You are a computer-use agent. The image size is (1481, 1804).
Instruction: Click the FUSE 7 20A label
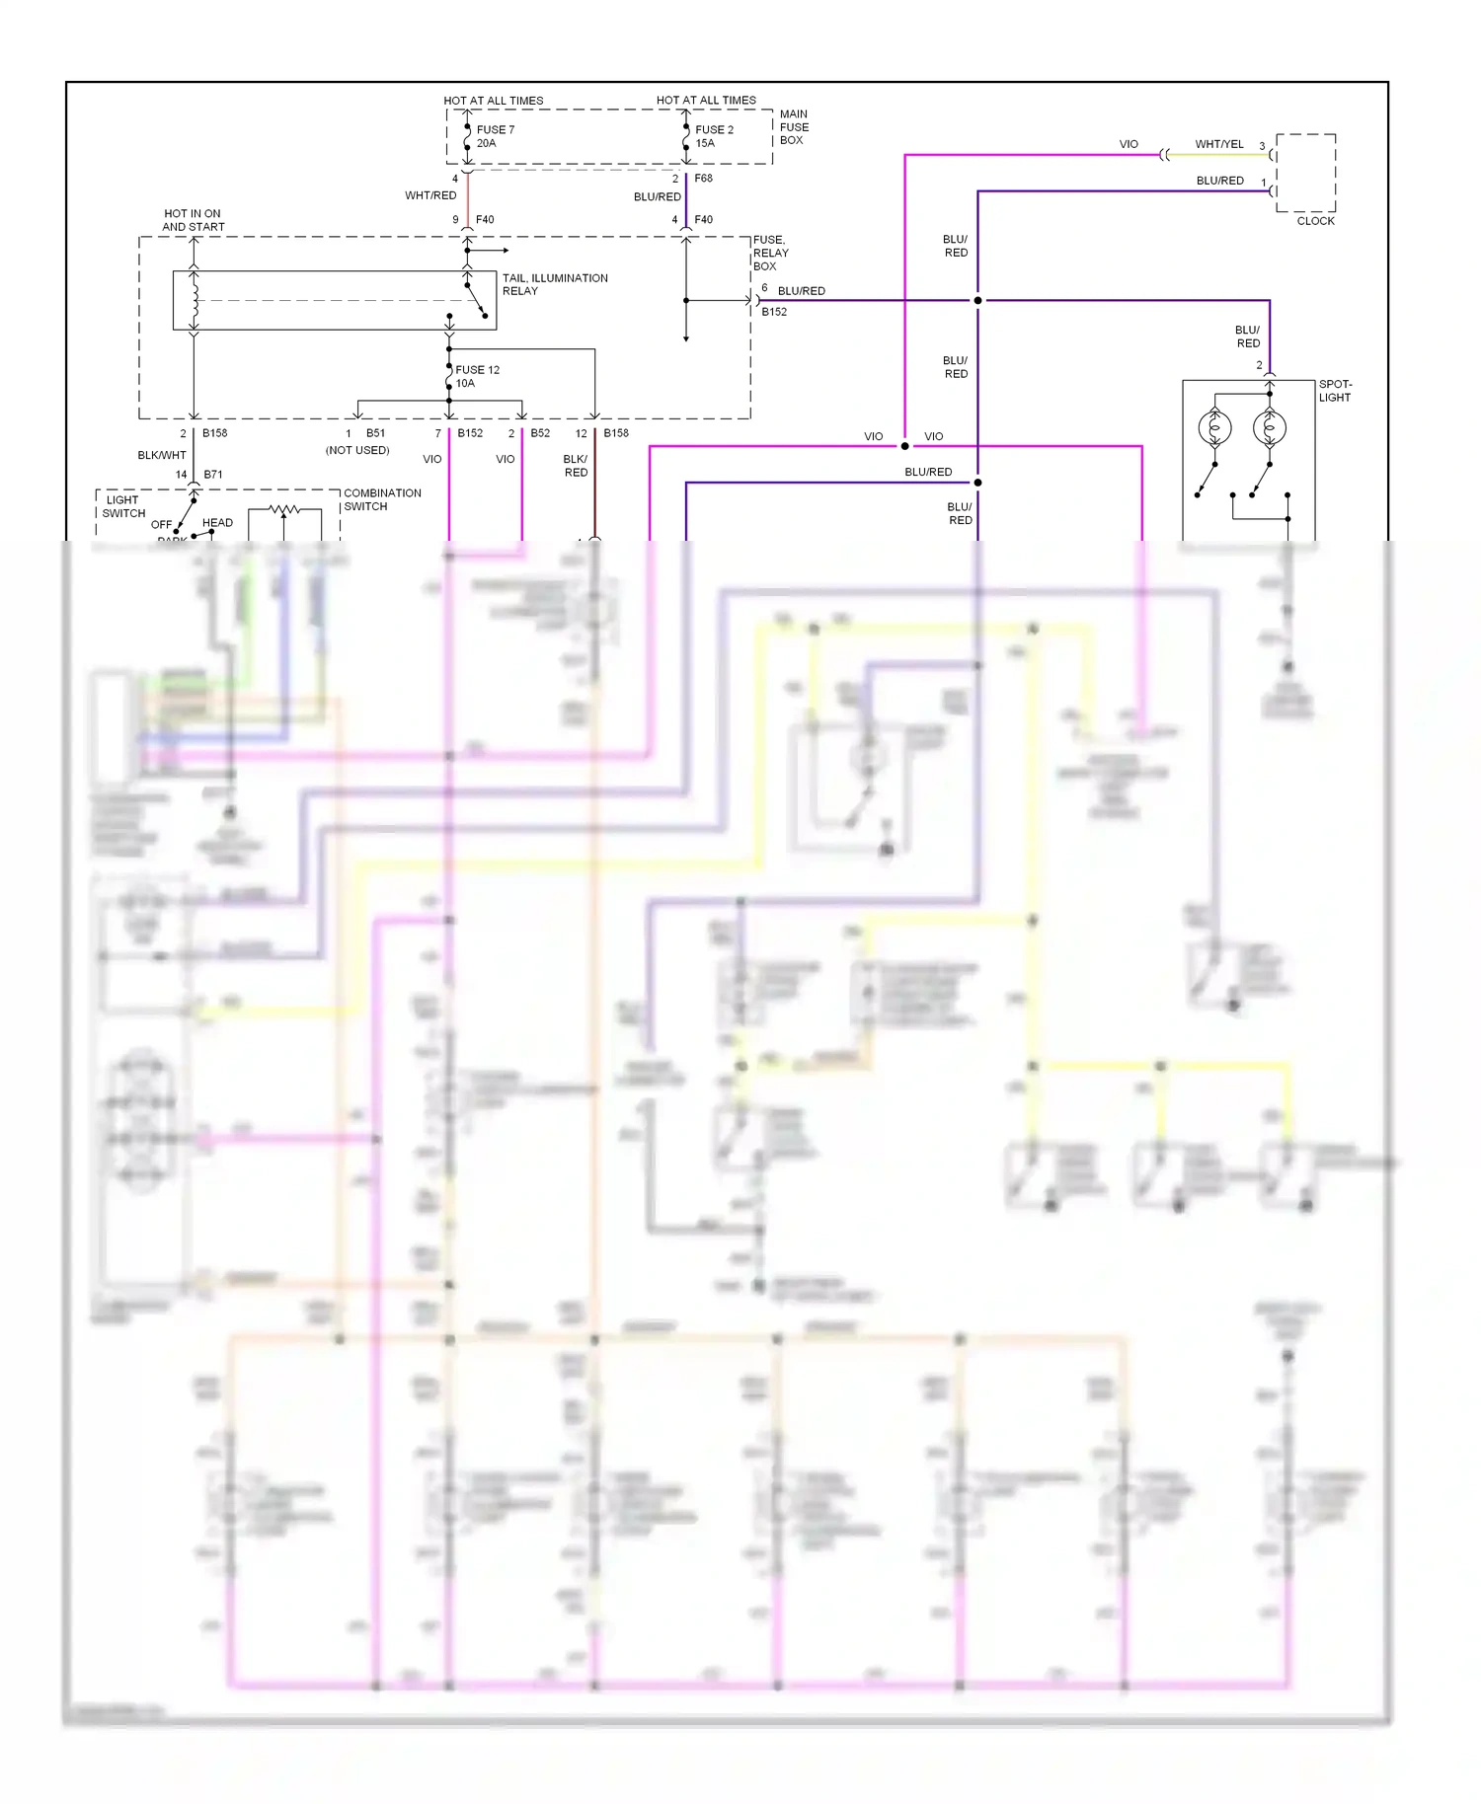coord(495,136)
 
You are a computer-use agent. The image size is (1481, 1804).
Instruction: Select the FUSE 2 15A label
coord(713,136)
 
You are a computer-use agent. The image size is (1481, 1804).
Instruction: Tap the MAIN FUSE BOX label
coord(794,127)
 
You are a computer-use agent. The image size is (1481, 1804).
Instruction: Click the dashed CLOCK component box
coord(1305,173)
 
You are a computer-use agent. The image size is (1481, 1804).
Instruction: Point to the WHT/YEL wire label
coord(1218,144)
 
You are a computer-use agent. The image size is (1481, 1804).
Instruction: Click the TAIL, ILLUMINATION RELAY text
coord(554,284)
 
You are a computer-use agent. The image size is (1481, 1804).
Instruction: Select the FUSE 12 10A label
coord(477,376)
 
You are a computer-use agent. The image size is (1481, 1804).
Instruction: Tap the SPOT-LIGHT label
coord(1335,391)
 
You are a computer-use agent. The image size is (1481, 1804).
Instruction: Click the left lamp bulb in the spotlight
coord(1214,428)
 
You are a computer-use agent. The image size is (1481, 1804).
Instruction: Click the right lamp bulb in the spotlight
coord(1269,428)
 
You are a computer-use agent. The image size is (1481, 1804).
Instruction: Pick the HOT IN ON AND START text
coord(193,220)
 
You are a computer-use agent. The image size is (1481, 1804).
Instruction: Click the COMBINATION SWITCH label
coord(381,499)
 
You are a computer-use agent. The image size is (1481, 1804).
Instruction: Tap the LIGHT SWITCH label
coord(123,506)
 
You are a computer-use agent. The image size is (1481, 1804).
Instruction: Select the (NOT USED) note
coord(357,450)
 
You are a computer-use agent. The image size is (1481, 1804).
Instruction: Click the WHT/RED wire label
coord(430,195)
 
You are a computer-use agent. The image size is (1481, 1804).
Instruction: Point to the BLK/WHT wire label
coord(161,455)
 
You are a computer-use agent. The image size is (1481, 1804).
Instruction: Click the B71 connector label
coord(212,475)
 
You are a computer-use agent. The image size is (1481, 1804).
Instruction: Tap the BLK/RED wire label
coord(576,466)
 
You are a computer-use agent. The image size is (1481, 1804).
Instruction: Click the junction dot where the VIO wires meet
coord(904,446)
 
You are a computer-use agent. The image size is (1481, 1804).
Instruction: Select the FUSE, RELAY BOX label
coord(770,253)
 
